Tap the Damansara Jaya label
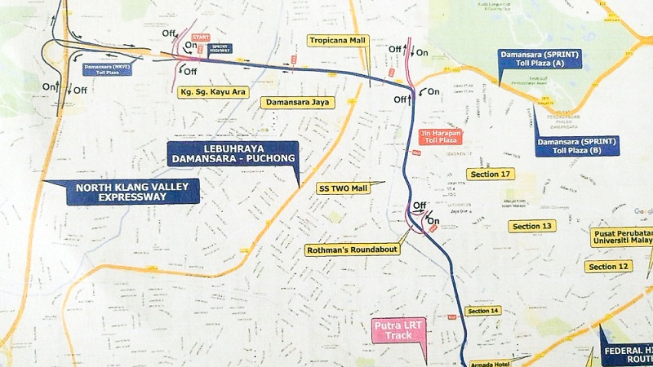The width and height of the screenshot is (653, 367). click(291, 103)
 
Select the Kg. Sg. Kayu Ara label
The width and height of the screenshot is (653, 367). click(213, 92)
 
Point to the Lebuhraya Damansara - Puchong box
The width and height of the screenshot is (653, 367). click(232, 154)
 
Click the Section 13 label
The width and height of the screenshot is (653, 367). click(532, 226)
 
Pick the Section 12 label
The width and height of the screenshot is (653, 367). click(609, 267)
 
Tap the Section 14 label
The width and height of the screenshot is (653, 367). click(483, 311)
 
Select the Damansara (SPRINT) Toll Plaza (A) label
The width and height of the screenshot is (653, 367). click(540, 59)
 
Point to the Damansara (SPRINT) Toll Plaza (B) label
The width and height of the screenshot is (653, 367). click(577, 146)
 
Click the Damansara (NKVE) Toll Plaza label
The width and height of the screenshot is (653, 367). click(105, 69)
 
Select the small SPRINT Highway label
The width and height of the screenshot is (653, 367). click(220, 49)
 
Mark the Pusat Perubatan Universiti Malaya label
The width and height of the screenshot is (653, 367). click(621, 237)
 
